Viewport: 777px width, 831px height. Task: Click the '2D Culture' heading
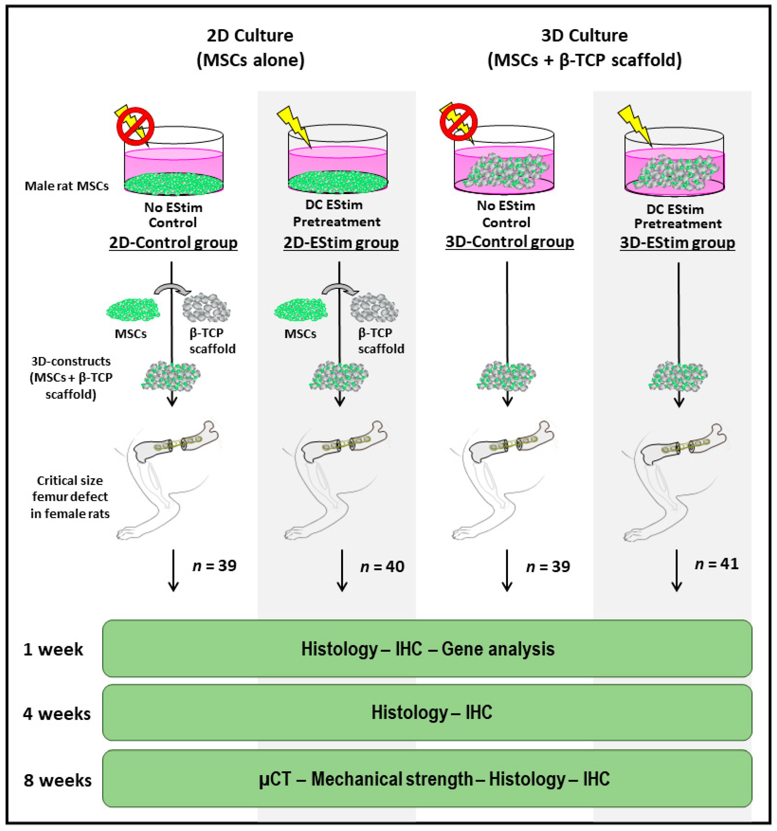(x=250, y=36)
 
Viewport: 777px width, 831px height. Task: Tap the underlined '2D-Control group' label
(x=173, y=243)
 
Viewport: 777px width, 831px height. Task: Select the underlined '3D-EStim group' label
(x=677, y=243)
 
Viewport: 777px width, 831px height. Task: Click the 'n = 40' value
(x=382, y=566)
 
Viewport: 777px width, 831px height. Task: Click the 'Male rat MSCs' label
(x=66, y=186)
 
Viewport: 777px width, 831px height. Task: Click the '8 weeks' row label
(x=57, y=780)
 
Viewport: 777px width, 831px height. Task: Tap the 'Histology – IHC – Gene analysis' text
(x=427, y=649)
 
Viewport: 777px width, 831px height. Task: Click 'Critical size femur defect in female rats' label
(x=70, y=497)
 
